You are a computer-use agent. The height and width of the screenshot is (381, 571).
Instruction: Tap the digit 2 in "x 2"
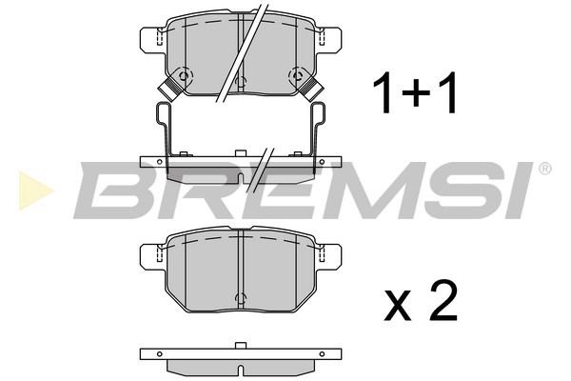(443, 302)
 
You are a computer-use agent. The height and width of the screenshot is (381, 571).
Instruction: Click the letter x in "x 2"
(398, 307)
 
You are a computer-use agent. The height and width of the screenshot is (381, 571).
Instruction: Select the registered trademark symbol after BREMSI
(544, 169)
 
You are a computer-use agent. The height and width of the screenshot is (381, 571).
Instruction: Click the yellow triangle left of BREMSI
(34, 190)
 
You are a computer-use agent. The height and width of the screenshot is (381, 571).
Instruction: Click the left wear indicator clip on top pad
(169, 88)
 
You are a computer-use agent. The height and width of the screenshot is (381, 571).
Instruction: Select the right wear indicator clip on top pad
(312, 88)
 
